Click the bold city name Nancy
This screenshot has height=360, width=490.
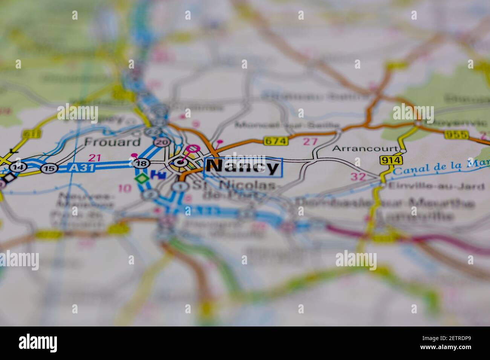[243, 166]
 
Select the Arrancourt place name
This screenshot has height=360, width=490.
[364, 148]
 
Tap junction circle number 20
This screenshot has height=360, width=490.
[162, 142]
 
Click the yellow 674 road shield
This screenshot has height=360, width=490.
[276, 141]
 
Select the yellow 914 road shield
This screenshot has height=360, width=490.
[391, 160]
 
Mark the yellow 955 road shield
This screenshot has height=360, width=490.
[456, 134]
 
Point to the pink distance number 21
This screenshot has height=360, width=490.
[95, 157]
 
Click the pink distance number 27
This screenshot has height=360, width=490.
[310, 142]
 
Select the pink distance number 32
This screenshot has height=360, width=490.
[358, 176]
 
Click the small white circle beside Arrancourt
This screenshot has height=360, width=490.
[403, 151]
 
